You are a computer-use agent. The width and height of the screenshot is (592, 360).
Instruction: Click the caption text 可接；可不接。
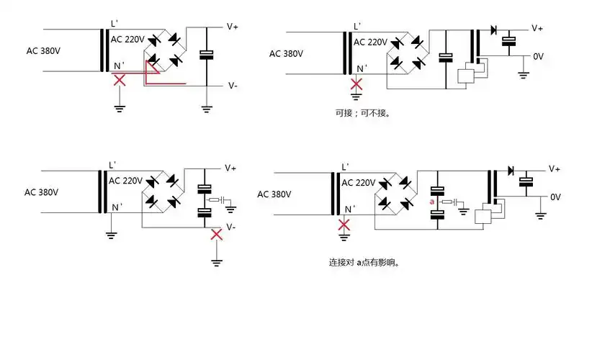coord(367,112)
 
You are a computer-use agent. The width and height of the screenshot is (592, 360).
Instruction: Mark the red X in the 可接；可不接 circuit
coord(356,84)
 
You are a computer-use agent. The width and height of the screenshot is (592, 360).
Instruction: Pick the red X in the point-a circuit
coord(345,225)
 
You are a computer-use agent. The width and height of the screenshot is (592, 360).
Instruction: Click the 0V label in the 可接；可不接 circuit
coord(538,56)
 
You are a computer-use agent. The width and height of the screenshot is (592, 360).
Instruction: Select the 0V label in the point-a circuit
coord(555,197)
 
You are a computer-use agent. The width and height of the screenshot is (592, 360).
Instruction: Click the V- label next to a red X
coord(231,227)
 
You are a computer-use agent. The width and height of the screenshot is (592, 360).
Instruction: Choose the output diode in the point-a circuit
coord(510,171)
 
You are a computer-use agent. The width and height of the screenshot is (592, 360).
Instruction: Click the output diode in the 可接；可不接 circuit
coord(493,30)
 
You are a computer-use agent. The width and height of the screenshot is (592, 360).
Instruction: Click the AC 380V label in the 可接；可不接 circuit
coord(286,53)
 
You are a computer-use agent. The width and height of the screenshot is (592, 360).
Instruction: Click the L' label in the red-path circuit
coord(113,23)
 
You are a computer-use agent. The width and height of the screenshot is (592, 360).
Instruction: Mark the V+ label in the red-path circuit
coord(233,26)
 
